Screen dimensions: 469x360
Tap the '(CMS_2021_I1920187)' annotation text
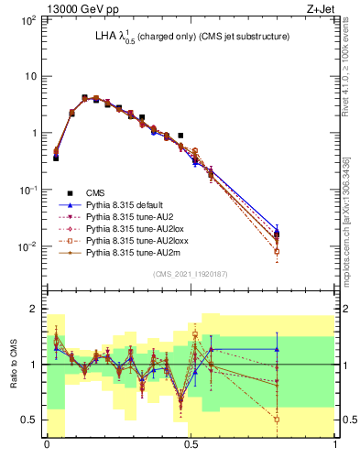click(191, 274)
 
